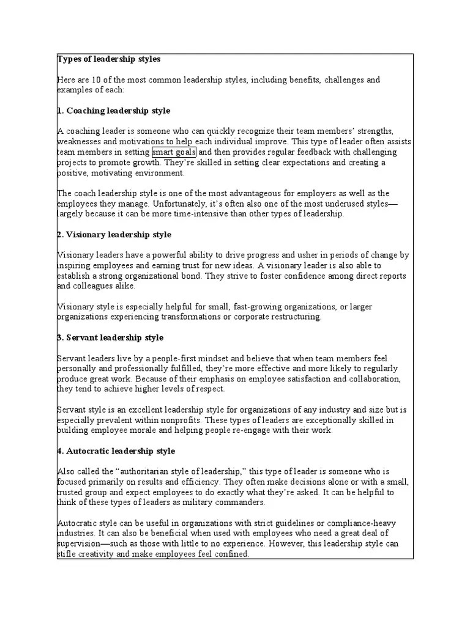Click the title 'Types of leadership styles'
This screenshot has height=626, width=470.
click(x=108, y=59)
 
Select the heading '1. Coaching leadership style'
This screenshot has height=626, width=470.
click(x=114, y=111)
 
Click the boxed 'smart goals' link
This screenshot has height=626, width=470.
click(x=174, y=152)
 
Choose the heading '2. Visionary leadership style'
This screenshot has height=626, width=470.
click(x=114, y=235)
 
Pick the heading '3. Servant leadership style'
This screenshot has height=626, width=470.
click(x=110, y=337)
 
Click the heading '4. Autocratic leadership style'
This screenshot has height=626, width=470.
click(x=116, y=451)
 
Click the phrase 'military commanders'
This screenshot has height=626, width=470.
click(x=224, y=503)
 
